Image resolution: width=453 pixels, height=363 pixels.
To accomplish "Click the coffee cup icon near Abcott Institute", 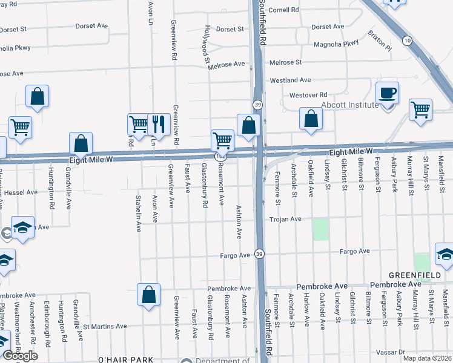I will coord(387,93).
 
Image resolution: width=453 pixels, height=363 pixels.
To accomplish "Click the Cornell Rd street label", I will coord(284,10).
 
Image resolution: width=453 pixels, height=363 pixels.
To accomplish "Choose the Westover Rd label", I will coord(308,95).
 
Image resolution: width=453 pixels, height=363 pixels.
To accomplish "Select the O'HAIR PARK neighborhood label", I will coord(126,359).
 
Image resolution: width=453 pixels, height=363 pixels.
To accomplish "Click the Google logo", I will coord(20,356).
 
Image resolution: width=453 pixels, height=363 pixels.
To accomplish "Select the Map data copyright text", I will coord(426,358).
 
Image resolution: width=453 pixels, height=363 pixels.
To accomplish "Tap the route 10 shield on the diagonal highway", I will coord(408,40).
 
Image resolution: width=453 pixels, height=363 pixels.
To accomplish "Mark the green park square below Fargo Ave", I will coord(422,262).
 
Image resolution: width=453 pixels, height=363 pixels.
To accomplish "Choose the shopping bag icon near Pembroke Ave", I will coord(148,296).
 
